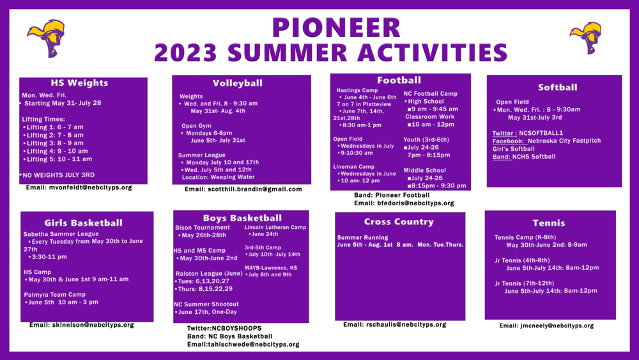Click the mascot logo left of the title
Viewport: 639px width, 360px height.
pyautogui.click(x=46, y=38)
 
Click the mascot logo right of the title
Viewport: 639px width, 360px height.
pyautogui.click(x=585, y=38)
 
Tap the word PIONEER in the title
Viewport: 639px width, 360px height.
pyautogui.click(x=336, y=27)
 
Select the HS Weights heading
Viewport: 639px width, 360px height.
pyautogui.click(x=79, y=82)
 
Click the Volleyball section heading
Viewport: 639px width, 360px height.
pyautogui.click(x=238, y=83)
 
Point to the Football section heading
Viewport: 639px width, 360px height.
pyautogui.click(x=399, y=81)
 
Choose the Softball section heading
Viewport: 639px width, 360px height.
pyautogui.click(x=557, y=87)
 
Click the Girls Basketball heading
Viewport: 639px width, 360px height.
pyautogui.click(x=84, y=223)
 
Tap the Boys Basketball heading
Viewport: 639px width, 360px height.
pyautogui.click(x=242, y=217)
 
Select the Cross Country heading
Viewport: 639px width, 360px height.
pyautogui.click(x=399, y=221)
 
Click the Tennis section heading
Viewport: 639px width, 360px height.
pyautogui.click(x=549, y=223)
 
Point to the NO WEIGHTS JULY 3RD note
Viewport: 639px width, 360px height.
pyautogui.click(x=57, y=175)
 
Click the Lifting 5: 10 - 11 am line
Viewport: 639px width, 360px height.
pyautogui.click(x=58, y=159)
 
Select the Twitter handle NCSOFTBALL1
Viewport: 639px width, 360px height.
pyautogui.click(x=541, y=133)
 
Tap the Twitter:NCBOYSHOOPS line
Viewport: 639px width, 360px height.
pyautogui.click(x=224, y=328)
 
